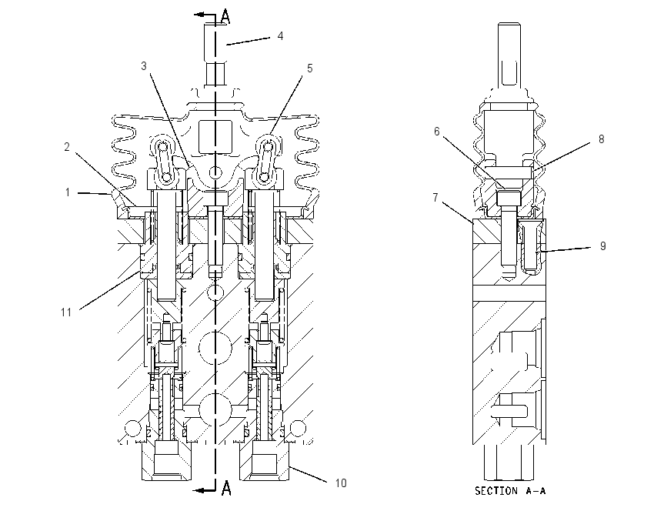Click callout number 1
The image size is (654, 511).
(x=67, y=192)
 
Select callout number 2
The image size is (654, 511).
(x=67, y=147)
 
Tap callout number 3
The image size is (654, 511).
(x=144, y=66)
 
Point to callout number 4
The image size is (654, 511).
(x=280, y=36)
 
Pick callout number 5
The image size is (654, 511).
(x=309, y=68)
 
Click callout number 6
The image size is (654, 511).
(x=437, y=132)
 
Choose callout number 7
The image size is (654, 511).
(x=435, y=197)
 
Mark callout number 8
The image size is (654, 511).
(x=602, y=139)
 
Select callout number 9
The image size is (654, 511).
(x=602, y=246)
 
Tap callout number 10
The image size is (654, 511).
(x=341, y=483)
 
